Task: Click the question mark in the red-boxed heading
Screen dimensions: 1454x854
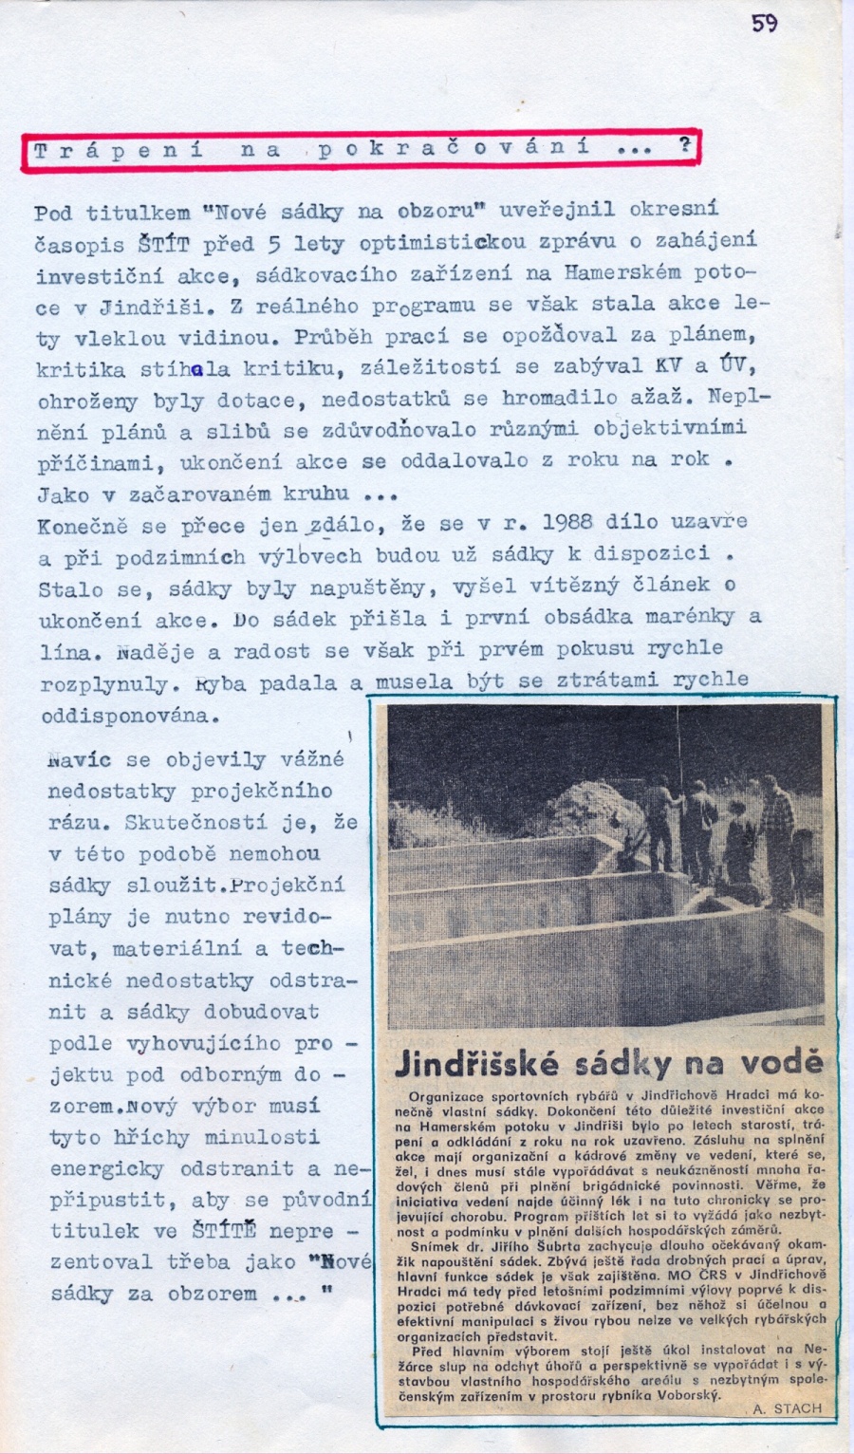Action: tap(683, 146)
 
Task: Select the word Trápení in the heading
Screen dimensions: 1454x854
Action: tap(118, 151)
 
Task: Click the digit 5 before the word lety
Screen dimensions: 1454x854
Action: tap(274, 244)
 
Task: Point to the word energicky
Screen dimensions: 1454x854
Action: tap(106, 1167)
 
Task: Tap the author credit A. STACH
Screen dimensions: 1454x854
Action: tap(787, 1407)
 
